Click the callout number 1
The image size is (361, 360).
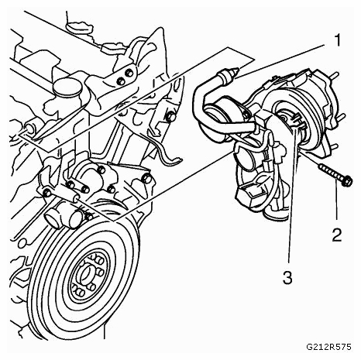tap(337, 40)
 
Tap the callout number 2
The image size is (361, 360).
tap(337, 235)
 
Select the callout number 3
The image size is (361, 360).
tap(287, 278)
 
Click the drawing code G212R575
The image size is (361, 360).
tap(328, 347)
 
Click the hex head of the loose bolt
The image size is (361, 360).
tap(347, 180)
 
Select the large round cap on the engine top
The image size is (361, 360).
tap(66, 88)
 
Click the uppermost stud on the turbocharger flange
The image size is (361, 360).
tap(335, 75)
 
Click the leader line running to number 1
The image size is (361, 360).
tap(281, 60)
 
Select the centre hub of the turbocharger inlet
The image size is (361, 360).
tap(284, 118)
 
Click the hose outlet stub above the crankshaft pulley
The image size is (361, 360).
tap(53, 217)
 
